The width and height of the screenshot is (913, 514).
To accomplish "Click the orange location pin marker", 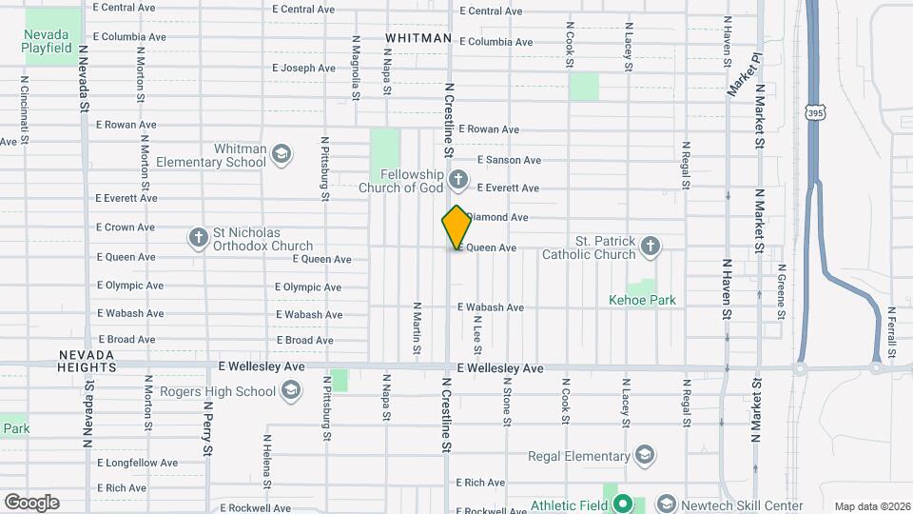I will (456, 227).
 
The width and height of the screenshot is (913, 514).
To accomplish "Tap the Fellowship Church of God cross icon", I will (457, 179).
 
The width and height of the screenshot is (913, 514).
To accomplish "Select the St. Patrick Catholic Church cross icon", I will (651, 247).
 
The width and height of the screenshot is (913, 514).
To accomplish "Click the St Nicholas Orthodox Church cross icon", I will (198, 238).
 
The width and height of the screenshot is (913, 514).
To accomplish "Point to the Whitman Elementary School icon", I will (281, 154).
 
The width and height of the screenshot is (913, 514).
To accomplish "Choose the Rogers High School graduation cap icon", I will (290, 390).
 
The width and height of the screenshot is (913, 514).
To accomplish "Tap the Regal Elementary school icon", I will (645, 454).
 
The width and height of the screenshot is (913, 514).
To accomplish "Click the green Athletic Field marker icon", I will (623, 504).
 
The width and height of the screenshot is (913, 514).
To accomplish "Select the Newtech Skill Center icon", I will (667, 504).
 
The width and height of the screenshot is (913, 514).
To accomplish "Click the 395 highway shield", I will (816, 112).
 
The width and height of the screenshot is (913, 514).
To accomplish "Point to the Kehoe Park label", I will (642, 300).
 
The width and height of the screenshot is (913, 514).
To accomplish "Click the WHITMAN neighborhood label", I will (418, 38).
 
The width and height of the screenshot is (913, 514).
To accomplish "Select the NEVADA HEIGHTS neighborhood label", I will (87, 360).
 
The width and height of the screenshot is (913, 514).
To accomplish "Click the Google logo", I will (31, 503).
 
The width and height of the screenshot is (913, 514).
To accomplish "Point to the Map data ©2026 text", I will (871, 506).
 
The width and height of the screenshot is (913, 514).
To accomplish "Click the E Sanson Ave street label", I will (509, 160).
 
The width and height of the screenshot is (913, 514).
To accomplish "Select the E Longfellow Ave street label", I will (137, 464).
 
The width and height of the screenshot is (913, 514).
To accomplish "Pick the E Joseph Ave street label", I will (303, 69).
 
